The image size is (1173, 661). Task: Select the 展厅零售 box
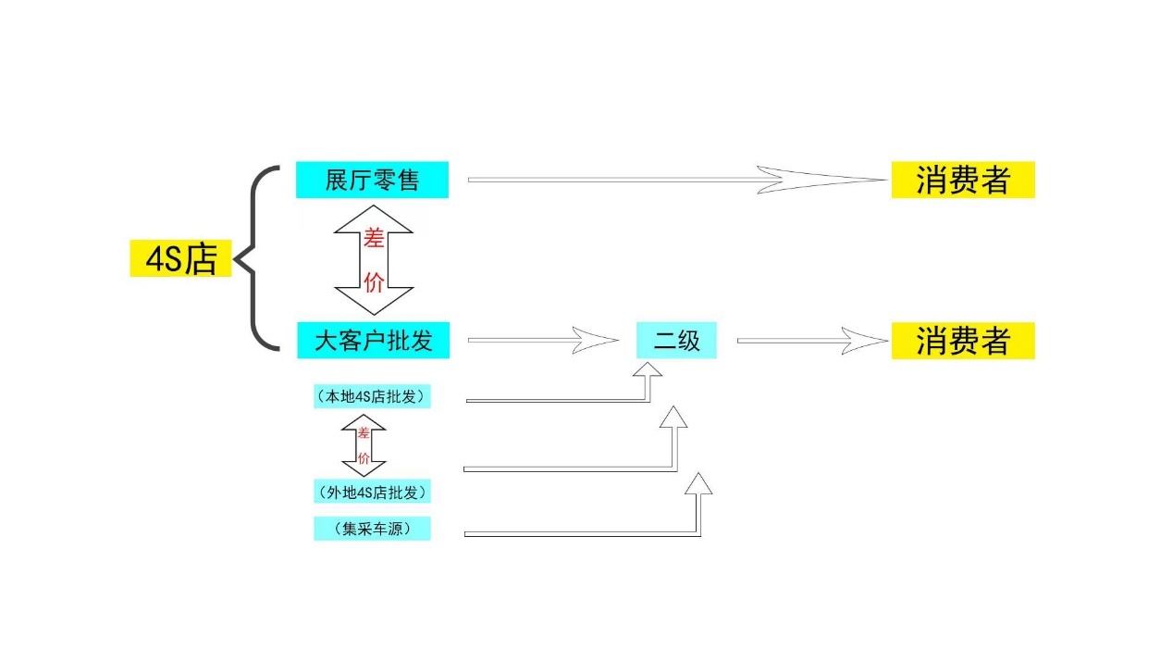coord(372,180)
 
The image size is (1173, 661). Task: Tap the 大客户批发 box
coord(373,341)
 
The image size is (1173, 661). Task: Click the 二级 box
coord(676,341)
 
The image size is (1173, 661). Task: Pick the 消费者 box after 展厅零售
coord(962,180)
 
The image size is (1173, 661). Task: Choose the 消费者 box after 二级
coord(962,341)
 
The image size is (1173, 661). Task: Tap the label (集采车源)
coord(372,530)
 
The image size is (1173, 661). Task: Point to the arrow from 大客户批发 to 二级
coord(541,341)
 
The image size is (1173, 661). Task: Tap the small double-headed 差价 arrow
coord(364,445)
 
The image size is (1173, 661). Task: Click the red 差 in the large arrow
coord(374,240)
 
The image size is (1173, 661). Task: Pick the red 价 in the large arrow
coord(374,282)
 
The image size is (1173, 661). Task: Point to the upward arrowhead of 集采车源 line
coord(699,484)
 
